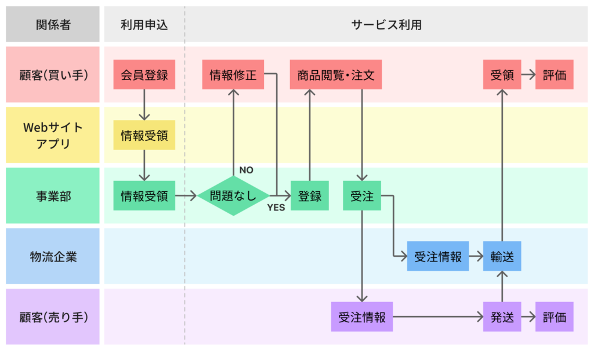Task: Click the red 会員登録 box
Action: tap(144, 75)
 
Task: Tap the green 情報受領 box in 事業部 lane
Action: tap(144, 195)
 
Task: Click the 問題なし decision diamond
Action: tap(233, 196)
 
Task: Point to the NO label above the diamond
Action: tap(246, 170)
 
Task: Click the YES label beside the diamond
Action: tap(276, 208)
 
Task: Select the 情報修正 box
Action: tap(233, 75)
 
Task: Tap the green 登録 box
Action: tap(309, 195)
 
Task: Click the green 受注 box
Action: tap(361, 195)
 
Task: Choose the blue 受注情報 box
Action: tap(438, 256)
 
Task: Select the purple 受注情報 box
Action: tap(361, 317)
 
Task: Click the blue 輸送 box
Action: tap(502, 256)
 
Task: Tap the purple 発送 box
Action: tap(502, 317)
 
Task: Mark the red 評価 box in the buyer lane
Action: tap(554, 75)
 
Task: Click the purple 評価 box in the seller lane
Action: tap(554, 317)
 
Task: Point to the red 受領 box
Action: tap(502, 75)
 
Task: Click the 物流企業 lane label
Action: tap(53, 256)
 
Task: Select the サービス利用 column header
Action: tap(386, 24)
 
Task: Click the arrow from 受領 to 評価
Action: tap(528, 75)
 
